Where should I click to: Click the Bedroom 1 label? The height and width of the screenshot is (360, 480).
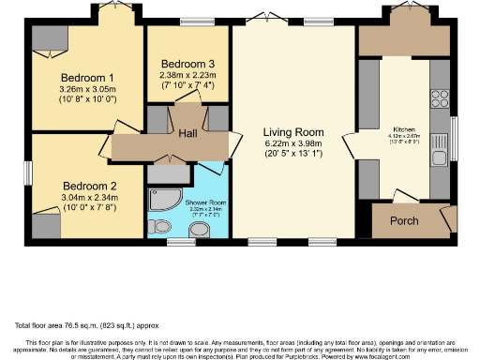(x=87, y=77)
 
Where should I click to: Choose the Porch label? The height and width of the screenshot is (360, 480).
(x=404, y=221)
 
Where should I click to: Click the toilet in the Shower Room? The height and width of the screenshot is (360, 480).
(x=161, y=226)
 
